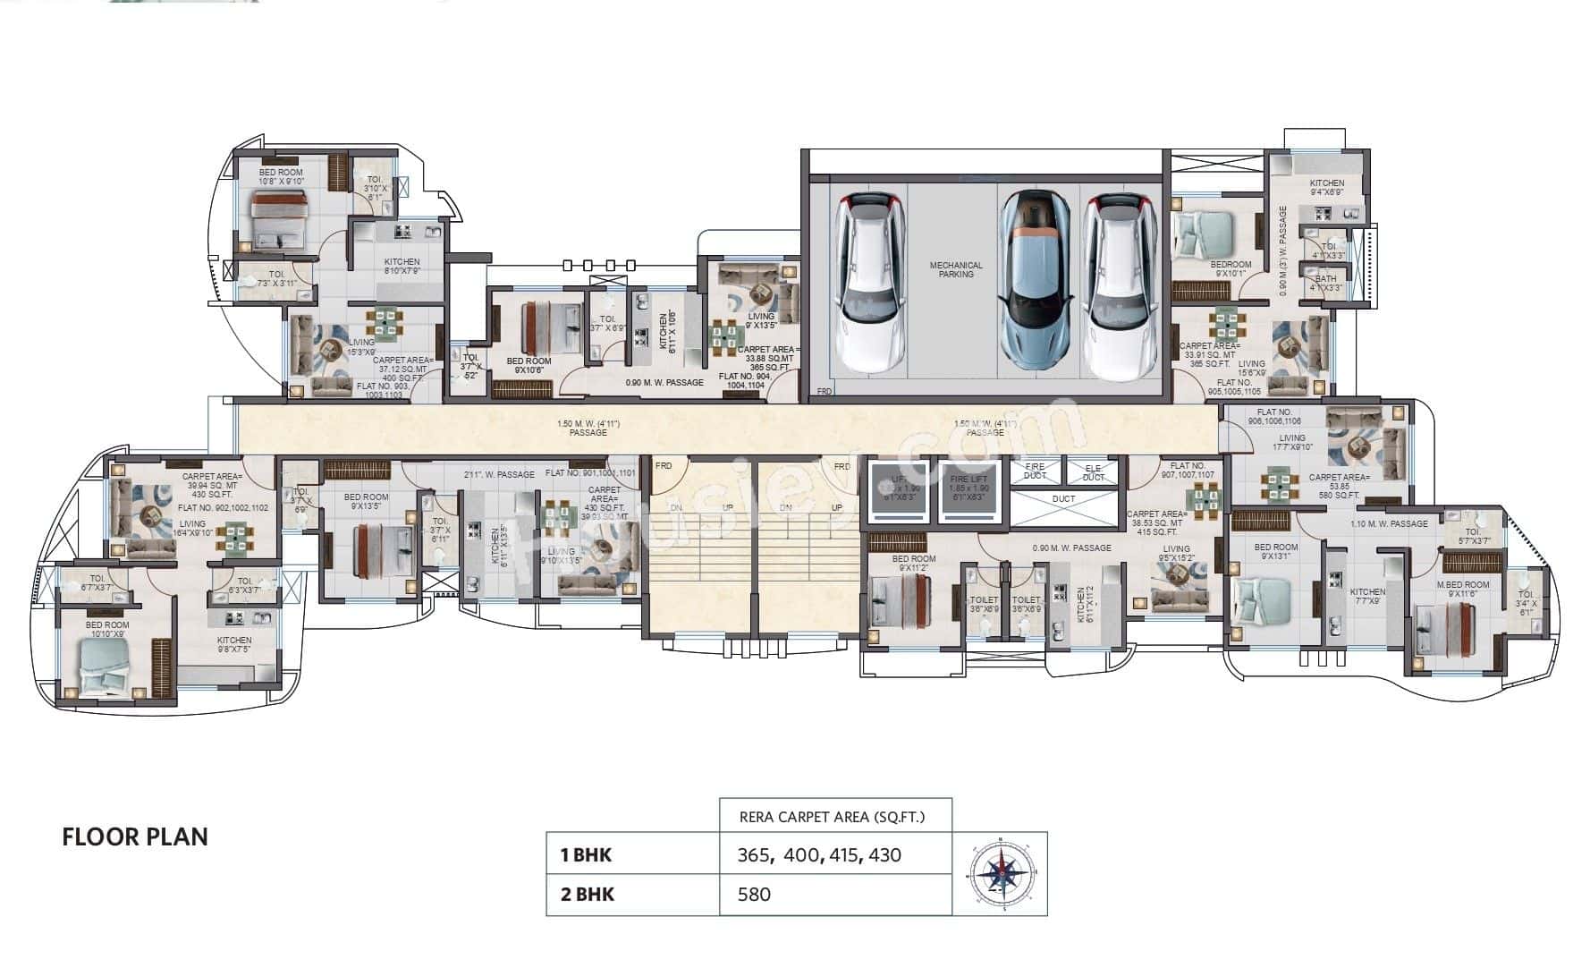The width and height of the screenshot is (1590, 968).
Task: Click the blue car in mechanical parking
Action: (1034, 281)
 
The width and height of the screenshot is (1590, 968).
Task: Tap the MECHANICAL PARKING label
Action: (955, 269)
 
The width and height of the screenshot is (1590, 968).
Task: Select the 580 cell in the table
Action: (754, 894)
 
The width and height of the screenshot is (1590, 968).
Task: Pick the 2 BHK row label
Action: (587, 894)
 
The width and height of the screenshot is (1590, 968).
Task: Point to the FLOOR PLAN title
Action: (135, 837)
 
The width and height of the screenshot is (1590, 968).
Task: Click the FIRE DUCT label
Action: (1034, 471)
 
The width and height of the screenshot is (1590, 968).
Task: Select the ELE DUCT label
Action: (1093, 471)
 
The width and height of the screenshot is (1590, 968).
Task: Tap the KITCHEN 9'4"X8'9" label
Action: (1326, 187)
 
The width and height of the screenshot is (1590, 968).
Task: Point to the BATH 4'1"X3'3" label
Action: (1325, 284)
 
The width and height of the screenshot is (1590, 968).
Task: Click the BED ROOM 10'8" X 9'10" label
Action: (281, 176)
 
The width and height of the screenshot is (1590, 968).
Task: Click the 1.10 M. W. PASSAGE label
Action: (1388, 523)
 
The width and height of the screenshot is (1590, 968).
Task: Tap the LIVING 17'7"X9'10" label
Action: (1291, 443)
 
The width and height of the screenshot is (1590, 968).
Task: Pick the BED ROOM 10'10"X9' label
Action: (107, 630)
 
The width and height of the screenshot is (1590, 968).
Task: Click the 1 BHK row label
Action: (586, 854)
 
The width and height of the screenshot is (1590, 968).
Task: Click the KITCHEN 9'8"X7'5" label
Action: (234, 645)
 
